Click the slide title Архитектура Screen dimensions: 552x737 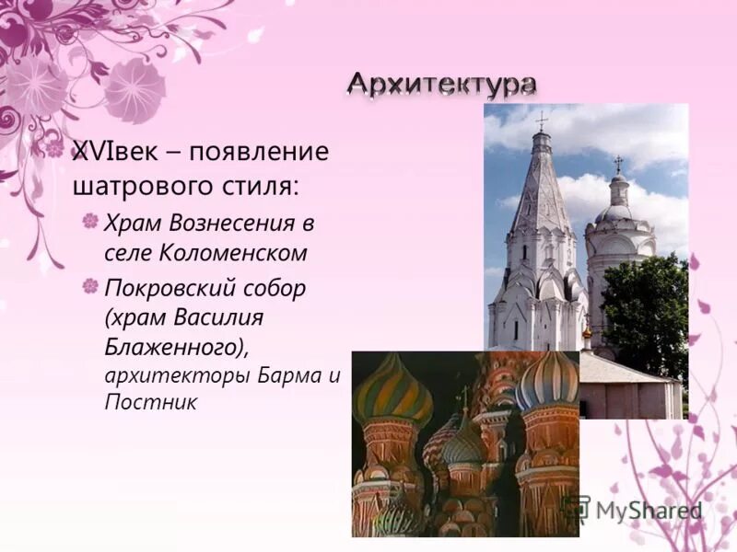pos(441,84)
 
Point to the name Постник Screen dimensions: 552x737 pos(150,403)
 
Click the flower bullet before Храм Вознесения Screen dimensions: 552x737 pos(89,222)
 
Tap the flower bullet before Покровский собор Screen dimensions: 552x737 pos(89,287)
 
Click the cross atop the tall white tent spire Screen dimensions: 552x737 pos(542,121)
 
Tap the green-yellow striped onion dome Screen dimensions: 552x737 pos(392,391)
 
